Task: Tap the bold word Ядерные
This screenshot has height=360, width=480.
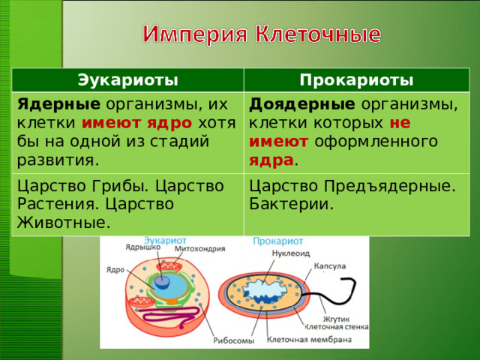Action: (x=48, y=104)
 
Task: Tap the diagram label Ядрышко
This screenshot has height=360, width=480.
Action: (x=142, y=247)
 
